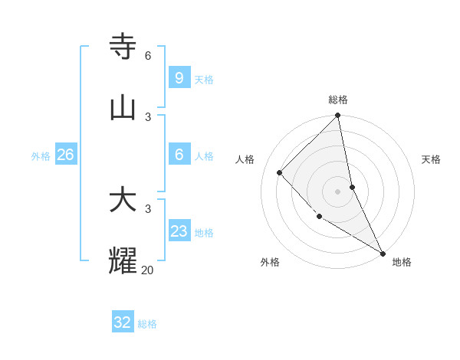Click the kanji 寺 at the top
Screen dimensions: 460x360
pyautogui.click(x=123, y=47)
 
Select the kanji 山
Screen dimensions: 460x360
pyautogui.click(x=123, y=107)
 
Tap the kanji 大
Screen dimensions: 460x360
pyautogui.click(x=123, y=201)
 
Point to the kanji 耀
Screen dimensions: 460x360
pyautogui.click(x=123, y=261)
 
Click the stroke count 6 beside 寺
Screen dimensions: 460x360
pyautogui.click(x=148, y=56)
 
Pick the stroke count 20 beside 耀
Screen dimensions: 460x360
pyautogui.click(x=148, y=270)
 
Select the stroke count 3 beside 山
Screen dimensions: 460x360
pyautogui.click(x=148, y=116)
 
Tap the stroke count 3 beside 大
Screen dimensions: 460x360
pyautogui.click(x=148, y=209)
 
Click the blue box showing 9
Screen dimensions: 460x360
pyautogui.click(x=179, y=77)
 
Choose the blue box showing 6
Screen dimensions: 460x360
pyautogui.click(x=179, y=155)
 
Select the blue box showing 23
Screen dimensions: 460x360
pyautogui.click(x=179, y=231)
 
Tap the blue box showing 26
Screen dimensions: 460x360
pyautogui.click(x=65, y=155)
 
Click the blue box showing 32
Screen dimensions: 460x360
pyautogui.click(x=123, y=322)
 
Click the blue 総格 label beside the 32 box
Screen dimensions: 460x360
pyautogui.click(x=147, y=324)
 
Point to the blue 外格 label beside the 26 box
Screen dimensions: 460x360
pyautogui.click(x=41, y=156)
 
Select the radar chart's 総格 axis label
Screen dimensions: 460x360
pyautogui.click(x=338, y=100)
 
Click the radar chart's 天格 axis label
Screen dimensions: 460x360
pyautogui.click(x=431, y=159)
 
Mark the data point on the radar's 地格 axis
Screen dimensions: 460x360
pyautogui.click(x=382, y=252)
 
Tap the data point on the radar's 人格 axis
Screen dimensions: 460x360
pyautogui.click(x=280, y=172)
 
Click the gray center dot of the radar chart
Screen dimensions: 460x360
pyautogui.click(x=337, y=191)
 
